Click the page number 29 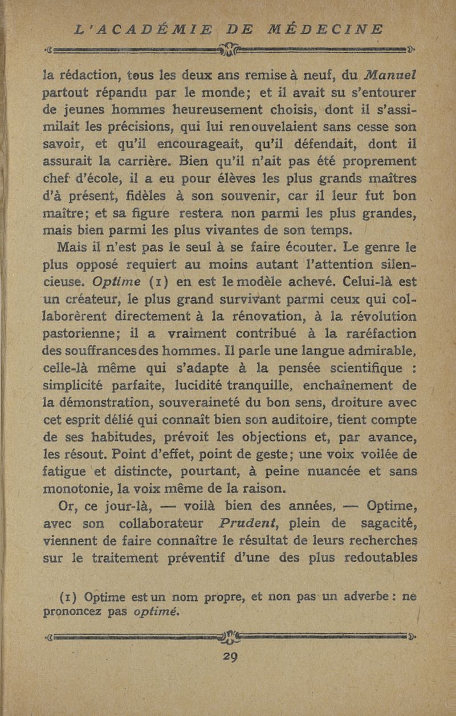tap(231, 655)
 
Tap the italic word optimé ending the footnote tap(154, 612)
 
